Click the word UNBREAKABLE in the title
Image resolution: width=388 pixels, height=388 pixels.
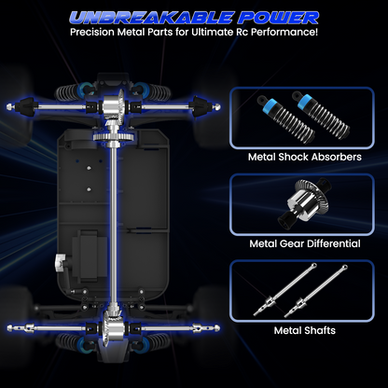click(x=151, y=18)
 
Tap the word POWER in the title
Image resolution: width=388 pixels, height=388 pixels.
click(x=279, y=18)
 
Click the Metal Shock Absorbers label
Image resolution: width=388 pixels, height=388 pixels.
click(x=305, y=157)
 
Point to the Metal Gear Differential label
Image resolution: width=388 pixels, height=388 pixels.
click(x=305, y=243)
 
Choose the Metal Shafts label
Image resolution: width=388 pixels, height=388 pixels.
click(x=305, y=330)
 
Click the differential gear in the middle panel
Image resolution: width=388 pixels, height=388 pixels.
click(x=304, y=203)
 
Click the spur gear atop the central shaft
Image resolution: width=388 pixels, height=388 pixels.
click(x=114, y=137)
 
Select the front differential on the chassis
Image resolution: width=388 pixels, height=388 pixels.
click(x=114, y=106)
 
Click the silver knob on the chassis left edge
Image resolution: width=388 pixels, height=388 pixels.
click(x=61, y=261)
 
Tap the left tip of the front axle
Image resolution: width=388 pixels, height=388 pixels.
click(x=8, y=106)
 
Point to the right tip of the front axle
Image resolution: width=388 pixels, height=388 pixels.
click(x=218, y=106)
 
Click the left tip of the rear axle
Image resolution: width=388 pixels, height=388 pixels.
click(x=9, y=328)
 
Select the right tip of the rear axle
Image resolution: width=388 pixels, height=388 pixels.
click(x=217, y=328)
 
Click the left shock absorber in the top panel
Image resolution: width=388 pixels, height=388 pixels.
click(x=286, y=119)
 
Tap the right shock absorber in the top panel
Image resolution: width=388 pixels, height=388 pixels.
click(x=322, y=114)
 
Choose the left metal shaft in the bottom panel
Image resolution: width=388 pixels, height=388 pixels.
click(x=284, y=289)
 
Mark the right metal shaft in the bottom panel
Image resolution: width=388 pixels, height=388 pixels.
click(x=315, y=291)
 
